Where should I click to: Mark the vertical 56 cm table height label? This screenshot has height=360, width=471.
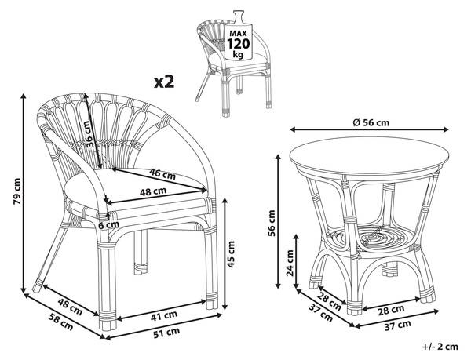(x=272, y=224)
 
